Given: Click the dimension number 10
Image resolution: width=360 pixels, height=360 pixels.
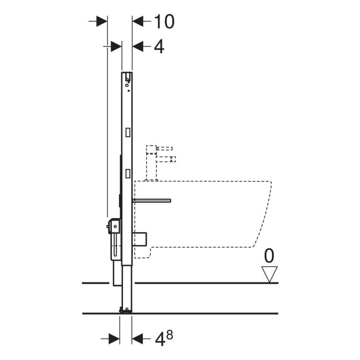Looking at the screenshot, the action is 164,22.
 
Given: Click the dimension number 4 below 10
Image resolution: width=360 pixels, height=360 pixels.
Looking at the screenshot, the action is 159,47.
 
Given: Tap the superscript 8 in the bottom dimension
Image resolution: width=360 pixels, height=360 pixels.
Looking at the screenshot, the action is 169,336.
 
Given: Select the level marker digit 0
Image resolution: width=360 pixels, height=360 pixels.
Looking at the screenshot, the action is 269,256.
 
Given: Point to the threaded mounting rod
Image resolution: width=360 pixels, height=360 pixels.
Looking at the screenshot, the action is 152,200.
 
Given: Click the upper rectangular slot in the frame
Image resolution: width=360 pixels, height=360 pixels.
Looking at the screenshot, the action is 128,132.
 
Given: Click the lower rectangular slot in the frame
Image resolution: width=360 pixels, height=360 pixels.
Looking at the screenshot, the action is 128,173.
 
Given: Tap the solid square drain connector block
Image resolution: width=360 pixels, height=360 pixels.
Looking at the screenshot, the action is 140,240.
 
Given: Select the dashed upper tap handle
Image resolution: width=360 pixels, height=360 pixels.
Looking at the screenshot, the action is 164,148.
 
